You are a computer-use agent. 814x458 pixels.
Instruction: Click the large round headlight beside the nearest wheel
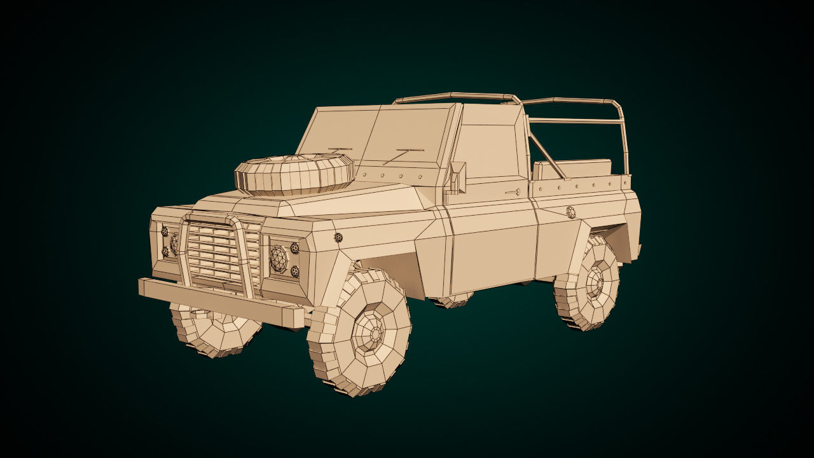pyautogui.click(x=278, y=258)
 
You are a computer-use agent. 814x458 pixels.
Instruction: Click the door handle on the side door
pyautogui.click(x=513, y=191)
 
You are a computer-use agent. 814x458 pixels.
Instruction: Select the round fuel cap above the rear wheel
pyautogui.click(x=570, y=212)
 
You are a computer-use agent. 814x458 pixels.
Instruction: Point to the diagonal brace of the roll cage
pyautogui.click(x=546, y=156)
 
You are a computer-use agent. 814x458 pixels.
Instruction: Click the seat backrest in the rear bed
pyautogui.click(x=572, y=170)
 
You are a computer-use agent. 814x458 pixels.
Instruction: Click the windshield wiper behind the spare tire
pyautogui.click(x=337, y=151)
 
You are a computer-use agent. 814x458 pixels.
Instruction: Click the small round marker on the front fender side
pyautogui.click(x=338, y=237)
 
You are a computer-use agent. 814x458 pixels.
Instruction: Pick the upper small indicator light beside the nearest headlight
pyautogui.click(x=294, y=248)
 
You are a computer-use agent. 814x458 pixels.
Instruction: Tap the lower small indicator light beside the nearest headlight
pyautogui.click(x=295, y=272)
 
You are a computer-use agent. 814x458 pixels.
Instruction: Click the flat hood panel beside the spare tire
pyautogui.click(x=375, y=197)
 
